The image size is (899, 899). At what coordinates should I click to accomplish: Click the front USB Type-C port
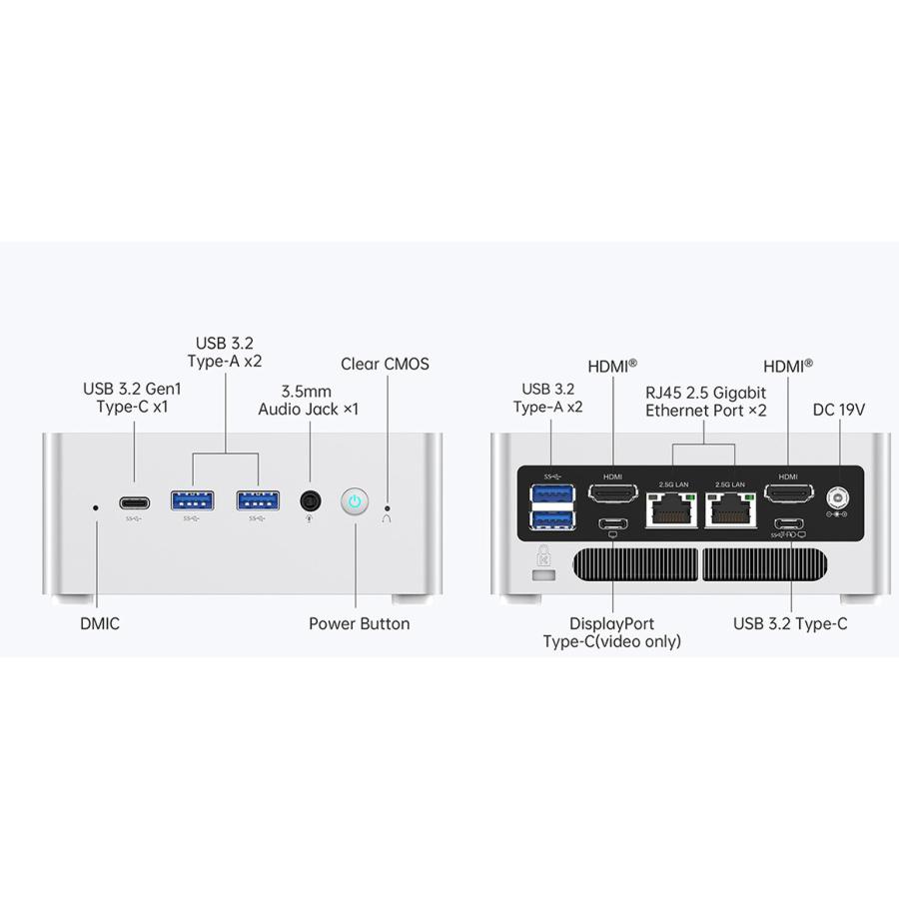(x=135, y=503)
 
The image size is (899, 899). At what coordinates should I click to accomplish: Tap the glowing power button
(x=355, y=502)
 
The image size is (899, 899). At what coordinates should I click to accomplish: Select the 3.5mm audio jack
(x=311, y=501)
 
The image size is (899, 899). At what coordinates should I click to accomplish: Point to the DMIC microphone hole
(x=96, y=507)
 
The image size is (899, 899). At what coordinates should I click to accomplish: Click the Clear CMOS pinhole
(x=387, y=508)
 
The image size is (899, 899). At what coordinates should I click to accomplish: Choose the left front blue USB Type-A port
(x=193, y=500)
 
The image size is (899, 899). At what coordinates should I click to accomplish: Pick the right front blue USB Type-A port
(x=258, y=500)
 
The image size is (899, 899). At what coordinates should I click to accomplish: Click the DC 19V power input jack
(x=838, y=497)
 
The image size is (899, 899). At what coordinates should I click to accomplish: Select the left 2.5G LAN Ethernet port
(x=672, y=509)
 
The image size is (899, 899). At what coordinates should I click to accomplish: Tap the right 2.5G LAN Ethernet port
(x=730, y=509)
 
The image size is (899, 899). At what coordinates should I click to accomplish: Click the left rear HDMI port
(x=613, y=493)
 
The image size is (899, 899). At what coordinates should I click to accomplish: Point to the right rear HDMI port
(x=788, y=493)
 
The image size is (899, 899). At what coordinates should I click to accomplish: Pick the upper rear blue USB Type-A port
(x=553, y=494)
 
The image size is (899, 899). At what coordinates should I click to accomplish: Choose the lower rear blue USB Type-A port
(x=553, y=519)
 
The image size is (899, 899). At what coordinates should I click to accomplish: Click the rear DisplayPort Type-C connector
(x=613, y=523)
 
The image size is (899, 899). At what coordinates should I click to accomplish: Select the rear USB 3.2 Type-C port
(x=788, y=523)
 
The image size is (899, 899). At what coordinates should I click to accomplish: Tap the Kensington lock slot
(x=544, y=574)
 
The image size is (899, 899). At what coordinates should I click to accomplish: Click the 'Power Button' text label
(x=359, y=623)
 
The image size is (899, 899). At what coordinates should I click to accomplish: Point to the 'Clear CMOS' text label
(x=385, y=364)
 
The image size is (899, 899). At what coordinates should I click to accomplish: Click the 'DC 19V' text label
(x=839, y=410)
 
